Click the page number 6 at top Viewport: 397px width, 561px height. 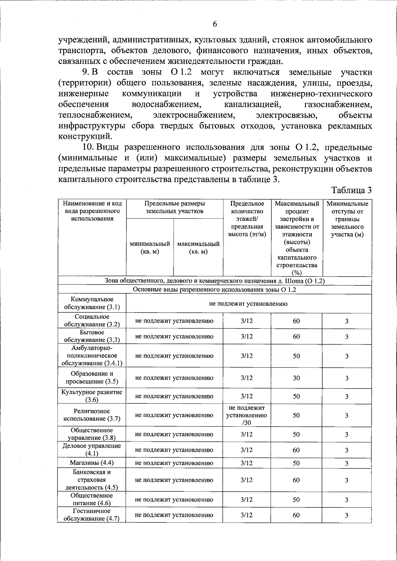(215, 24)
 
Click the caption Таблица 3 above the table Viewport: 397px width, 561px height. (351, 190)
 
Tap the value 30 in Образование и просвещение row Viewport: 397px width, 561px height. (296, 378)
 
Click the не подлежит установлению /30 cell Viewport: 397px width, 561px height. (246, 415)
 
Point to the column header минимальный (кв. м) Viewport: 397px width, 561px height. (150, 248)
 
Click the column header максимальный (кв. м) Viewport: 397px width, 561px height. (198, 248)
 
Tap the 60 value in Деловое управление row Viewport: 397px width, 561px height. (296, 450)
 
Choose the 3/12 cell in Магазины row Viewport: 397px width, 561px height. (246, 463)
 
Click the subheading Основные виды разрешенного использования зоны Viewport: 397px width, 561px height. (214, 289)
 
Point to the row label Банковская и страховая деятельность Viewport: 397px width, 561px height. (92, 480)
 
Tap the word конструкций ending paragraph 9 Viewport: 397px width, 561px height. (85, 136)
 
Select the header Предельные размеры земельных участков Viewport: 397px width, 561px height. (175, 207)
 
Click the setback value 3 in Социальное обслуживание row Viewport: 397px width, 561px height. (347, 321)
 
